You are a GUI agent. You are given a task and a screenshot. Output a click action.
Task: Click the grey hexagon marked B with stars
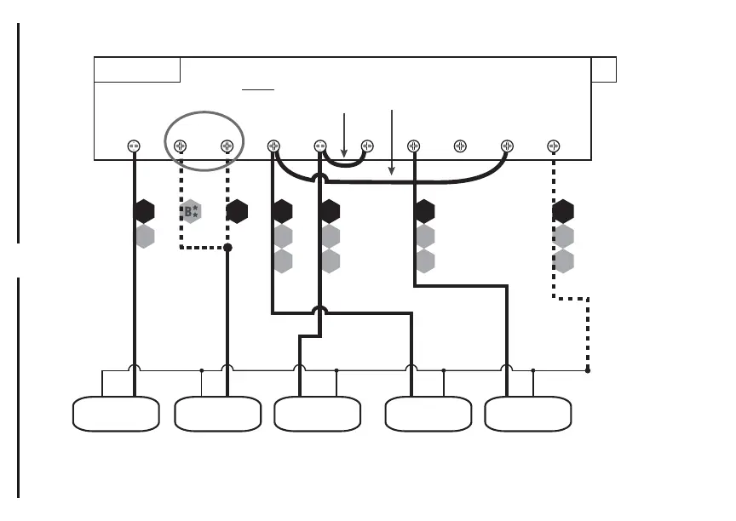click(191, 211)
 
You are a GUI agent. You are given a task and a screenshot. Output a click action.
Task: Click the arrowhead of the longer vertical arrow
click(391, 174)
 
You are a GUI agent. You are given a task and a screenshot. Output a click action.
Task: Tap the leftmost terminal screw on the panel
click(134, 146)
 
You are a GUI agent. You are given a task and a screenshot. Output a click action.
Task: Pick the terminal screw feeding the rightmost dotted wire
click(554, 146)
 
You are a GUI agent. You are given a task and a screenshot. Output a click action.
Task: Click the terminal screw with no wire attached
click(460, 146)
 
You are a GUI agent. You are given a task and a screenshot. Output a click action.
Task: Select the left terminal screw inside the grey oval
click(181, 146)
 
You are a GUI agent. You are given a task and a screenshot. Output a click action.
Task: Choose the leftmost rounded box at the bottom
click(117, 415)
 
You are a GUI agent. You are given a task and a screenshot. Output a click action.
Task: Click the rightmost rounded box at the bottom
click(528, 415)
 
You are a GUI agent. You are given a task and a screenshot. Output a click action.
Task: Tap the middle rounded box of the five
click(317, 415)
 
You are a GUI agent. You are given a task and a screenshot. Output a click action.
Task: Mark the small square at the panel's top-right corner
click(603, 70)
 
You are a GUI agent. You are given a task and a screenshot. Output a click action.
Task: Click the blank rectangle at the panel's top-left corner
click(137, 70)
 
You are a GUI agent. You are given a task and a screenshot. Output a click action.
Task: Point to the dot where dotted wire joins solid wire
click(227, 248)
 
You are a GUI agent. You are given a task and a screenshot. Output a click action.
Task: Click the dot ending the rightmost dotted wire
click(588, 370)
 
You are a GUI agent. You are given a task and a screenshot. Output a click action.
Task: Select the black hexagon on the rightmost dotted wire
click(563, 211)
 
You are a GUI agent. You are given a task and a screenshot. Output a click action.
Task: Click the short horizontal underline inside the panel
click(257, 88)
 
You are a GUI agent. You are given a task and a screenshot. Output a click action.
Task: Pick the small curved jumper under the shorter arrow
click(344, 163)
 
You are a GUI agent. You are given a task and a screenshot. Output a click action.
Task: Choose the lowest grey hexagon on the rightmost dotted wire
click(563, 260)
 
